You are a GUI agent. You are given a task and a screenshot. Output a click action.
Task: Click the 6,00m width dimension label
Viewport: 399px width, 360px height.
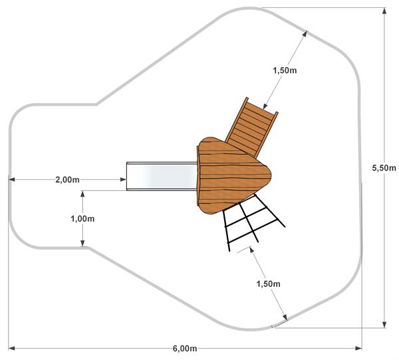coord(185,348)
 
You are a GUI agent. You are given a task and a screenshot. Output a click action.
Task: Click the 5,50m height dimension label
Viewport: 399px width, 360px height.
coord(384,168)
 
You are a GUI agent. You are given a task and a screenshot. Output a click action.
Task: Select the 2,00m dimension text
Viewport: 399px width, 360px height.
coord(67,180)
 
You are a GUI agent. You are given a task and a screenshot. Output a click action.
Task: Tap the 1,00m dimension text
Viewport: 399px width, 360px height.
coord(82,219)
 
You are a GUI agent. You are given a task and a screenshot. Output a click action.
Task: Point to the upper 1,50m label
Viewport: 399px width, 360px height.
coord(285,70)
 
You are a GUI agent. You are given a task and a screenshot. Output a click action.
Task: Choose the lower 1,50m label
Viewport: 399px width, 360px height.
coord(268,284)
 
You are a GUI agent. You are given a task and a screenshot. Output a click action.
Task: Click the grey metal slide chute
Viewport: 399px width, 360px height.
coord(162,176)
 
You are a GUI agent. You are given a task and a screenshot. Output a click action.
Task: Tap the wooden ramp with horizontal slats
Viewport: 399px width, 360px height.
coord(251,128)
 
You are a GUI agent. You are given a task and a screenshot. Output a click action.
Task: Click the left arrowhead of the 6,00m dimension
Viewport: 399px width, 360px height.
coord(11,348)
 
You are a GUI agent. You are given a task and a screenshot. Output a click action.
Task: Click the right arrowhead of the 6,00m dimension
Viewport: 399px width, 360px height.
coord(358,348)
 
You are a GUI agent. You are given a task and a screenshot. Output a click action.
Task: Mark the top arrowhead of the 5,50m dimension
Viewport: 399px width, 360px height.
coord(384,11)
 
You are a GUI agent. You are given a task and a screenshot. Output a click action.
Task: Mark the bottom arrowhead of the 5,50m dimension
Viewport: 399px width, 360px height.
coord(384,324)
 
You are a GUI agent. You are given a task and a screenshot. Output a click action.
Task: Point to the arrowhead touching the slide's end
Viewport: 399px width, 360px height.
coord(123,179)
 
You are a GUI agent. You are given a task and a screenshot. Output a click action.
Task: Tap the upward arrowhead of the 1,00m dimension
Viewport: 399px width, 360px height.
coord(82,194)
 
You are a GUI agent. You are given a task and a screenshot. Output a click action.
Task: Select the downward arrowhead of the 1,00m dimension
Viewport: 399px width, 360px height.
coord(82,243)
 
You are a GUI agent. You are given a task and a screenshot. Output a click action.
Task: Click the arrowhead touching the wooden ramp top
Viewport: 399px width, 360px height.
coord(265,106)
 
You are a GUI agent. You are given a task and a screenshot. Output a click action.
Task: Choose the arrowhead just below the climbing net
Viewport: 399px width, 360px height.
coord(252,250)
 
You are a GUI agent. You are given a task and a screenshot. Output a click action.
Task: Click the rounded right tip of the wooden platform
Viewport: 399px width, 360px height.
coord(271,175)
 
